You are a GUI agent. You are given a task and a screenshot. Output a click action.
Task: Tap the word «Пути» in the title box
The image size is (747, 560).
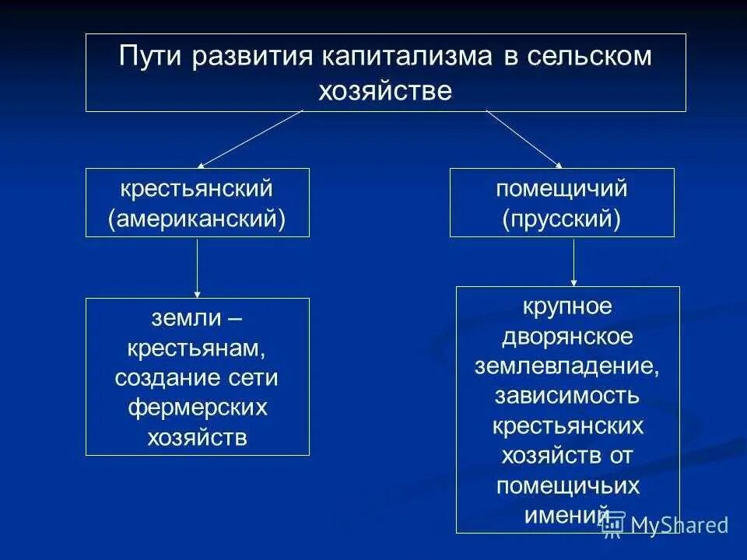point(148,58)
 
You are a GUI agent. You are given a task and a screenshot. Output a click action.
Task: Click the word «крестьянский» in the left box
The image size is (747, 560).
point(197,188)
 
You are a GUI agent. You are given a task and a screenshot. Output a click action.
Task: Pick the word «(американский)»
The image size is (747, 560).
point(197,219)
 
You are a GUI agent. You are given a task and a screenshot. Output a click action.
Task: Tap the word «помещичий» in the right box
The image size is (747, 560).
point(562,188)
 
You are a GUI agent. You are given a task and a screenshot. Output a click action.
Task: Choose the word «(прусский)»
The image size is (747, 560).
point(562,219)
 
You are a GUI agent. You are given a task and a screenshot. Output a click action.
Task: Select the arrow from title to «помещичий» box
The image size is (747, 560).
point(524,139)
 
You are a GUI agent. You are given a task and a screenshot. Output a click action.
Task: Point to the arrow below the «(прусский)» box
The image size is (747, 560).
point(574,262)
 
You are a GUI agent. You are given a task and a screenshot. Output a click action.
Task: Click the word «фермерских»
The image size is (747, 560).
point(197,408)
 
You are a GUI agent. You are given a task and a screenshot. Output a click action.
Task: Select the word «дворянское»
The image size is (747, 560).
point(567,336)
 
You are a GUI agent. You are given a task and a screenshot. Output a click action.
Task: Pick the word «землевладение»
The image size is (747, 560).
point(567,366)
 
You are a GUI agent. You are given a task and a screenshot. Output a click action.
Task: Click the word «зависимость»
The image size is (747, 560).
point(567,396)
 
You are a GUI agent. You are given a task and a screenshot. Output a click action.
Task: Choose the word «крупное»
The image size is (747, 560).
point(567,306)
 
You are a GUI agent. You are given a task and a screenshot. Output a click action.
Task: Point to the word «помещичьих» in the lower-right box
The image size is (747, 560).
point(567,485)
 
